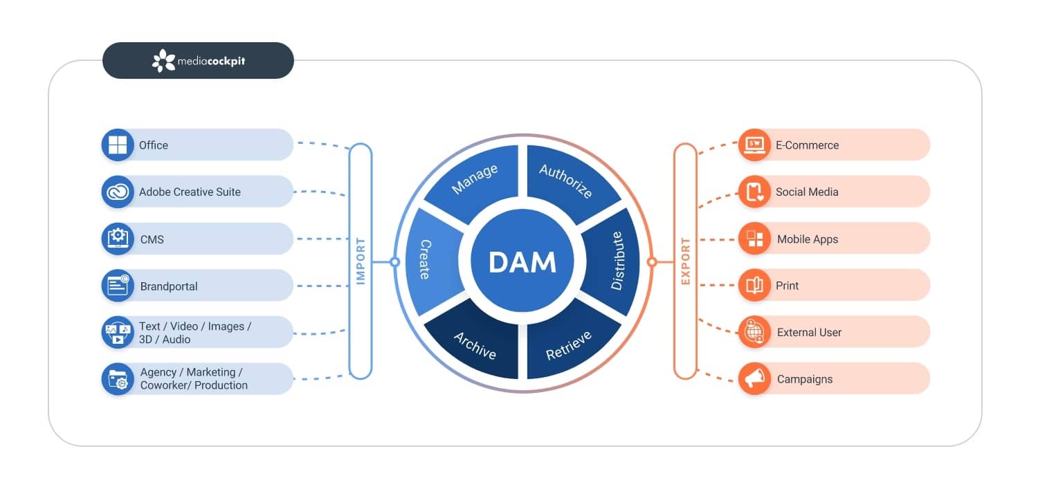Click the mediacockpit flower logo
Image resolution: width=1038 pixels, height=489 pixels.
click(164, 61)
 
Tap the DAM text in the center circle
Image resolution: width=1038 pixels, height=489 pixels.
click(522, 262)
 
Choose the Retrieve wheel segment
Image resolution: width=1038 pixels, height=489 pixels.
click(569, 344)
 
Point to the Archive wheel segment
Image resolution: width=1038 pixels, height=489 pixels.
click(475, 344)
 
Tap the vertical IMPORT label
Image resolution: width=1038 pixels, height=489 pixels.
click(361, 261)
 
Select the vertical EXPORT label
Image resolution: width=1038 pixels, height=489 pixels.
click(685, 261)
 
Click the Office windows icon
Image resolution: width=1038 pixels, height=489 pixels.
click(118, 145)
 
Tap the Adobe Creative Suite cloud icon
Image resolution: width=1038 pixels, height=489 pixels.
click(118, 192)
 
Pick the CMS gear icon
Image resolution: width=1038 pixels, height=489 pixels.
click(118, 239)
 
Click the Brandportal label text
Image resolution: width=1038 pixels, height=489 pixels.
click(169, 286)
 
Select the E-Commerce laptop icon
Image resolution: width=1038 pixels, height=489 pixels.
click(754, 145)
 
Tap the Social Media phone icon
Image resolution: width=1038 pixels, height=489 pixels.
click(754, 192)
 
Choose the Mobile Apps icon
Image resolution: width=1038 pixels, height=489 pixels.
click(754, 239)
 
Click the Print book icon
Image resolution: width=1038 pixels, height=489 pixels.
click(754, 286)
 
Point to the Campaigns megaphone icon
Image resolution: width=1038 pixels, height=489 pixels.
click(754, 379)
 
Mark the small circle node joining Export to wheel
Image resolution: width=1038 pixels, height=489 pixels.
click(651, 262)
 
